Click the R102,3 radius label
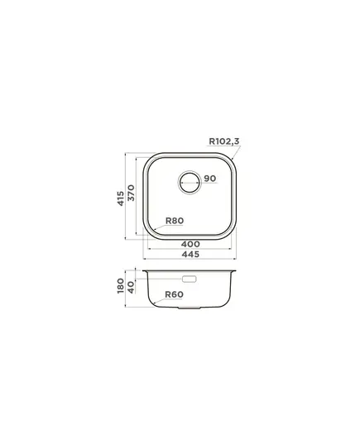click(224, 141)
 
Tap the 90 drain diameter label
click(209, 179)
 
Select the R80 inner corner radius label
click(175, 221)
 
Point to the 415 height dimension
click(121, 198)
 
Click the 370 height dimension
click(132, 193)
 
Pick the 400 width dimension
click(190, 244)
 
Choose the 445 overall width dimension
click(190, 255)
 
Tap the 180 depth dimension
click(121, 286)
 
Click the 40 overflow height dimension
click(131, 287)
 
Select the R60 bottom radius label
click(174, 294)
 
